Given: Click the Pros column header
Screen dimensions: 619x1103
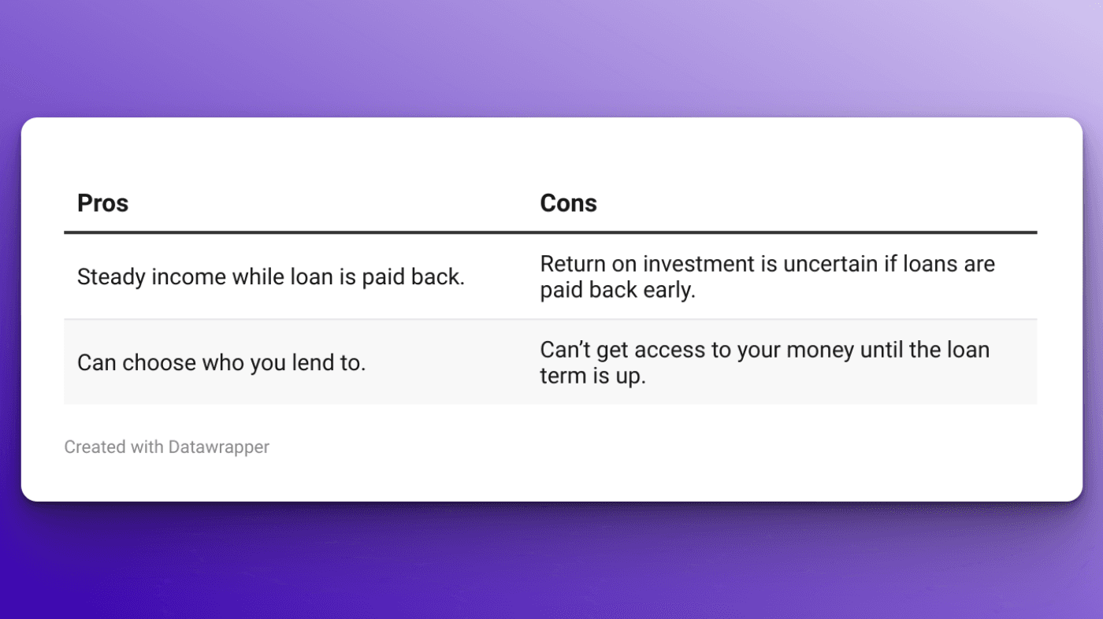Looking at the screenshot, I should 102,203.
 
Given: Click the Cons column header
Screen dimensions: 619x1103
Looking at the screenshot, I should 568,203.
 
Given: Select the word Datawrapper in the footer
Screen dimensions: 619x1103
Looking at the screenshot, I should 218,447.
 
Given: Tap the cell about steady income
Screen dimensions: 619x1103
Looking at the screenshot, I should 270,277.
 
